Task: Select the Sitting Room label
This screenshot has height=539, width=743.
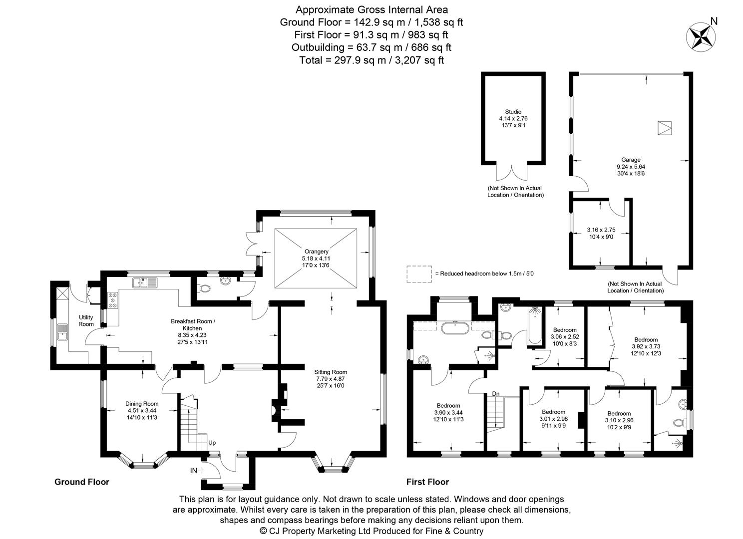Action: coord(330,372)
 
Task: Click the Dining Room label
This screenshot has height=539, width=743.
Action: coord(142,404)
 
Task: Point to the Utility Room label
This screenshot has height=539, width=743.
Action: coord(86,320)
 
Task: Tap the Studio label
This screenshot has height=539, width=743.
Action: coord(513,112)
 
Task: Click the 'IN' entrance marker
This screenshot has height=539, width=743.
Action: coord(193,471)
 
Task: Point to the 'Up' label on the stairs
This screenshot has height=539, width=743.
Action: coord(212,443)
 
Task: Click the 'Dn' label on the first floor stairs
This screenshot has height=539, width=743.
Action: coord(495,394)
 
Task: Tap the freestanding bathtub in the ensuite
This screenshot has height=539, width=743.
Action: coord(454,328)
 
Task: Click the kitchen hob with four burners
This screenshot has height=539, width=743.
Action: coord(112,300)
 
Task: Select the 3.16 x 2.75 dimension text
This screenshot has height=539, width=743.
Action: coord(601,230)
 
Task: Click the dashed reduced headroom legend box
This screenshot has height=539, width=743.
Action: coord(418,274)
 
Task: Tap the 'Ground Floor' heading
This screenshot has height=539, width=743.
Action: coord(81,482)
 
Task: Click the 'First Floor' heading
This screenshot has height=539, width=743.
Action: coord(427,482)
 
